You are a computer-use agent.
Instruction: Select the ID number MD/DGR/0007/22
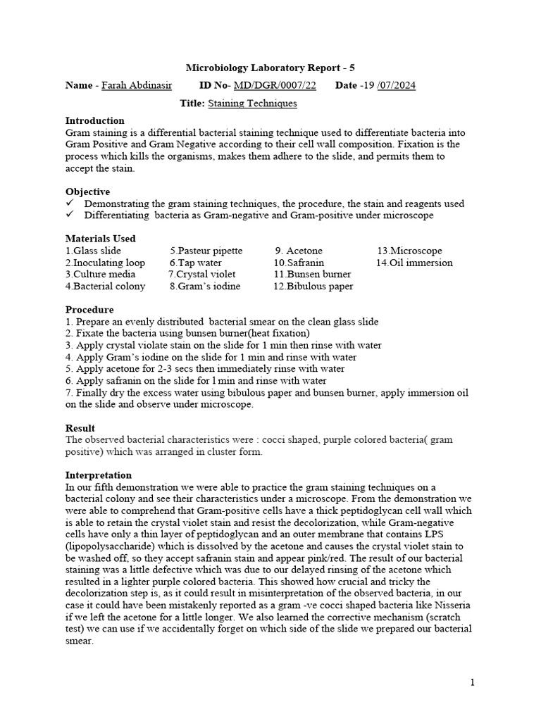[275, 86]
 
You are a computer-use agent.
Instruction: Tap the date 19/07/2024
[388, 86]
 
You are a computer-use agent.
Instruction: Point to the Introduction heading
[94, 120]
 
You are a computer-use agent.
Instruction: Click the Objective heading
[87, 192]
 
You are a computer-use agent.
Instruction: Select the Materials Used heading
[100, 239]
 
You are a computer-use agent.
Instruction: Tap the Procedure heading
[89, 310]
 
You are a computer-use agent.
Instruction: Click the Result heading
[80, 428]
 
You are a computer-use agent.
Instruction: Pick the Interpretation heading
[98, 475]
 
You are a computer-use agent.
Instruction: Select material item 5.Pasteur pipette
[206, 251]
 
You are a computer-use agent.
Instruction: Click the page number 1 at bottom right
[473, 682]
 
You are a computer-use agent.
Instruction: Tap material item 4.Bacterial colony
[105, 287]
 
